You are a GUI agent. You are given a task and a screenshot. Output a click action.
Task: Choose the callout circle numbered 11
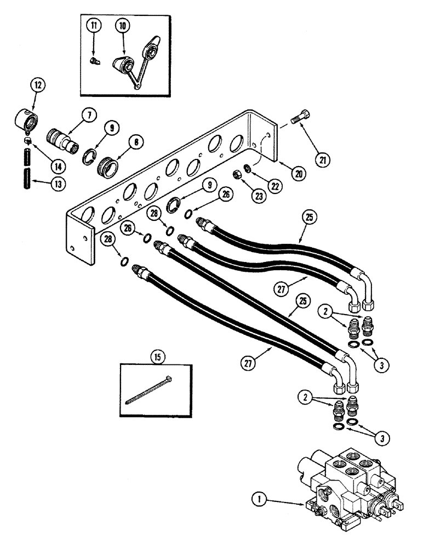click(x=95, y=26)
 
